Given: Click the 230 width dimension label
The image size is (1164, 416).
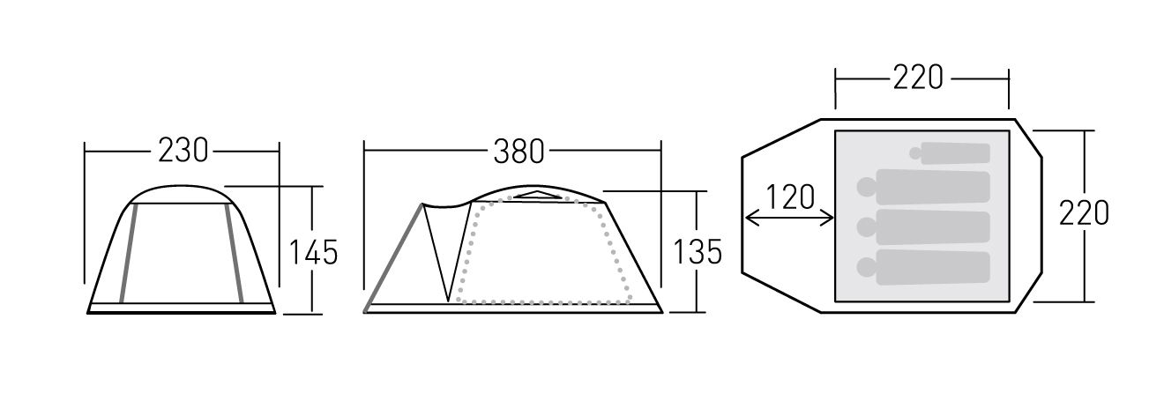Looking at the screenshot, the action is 183,151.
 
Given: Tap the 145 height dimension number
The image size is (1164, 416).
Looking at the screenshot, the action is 313,252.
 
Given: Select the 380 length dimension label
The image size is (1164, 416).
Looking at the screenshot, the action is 519,152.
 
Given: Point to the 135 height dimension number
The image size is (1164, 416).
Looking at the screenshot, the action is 698,252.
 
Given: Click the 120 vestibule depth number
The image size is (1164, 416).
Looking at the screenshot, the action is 790,197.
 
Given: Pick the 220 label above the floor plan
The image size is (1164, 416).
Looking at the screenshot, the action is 918,78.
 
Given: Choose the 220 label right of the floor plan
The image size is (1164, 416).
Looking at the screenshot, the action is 1084,213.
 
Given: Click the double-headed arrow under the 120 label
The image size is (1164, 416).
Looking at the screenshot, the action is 789,218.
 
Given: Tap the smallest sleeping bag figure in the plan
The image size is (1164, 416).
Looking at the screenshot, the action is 955,153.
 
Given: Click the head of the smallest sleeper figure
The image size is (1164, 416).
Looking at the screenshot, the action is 915,153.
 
